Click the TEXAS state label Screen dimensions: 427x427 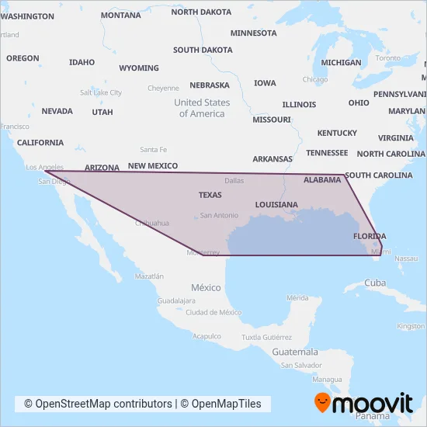pyautogui.click(x=210, y=195)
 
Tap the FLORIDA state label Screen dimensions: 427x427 pyautogui.click(x=370, y=236)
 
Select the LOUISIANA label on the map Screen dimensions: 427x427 pyautogui.click(x=276, y=205)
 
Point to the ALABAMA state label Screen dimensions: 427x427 pyautogui.click(x=322, y=180)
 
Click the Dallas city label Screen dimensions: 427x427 pyautogui.click(x=234, y=180)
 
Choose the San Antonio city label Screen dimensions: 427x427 pyautogui.click(x=218, y=215)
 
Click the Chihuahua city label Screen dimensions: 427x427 pyautogui.click(x=152, y=223)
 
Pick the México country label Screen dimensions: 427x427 pyautogui.click(x=206, y=287)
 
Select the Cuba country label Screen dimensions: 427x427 pyautogui.click(x=375, y=283)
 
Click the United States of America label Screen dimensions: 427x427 pyautogui.click(x=202, y=108)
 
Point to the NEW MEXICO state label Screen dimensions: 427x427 pyautogui.click(x=153, y=166)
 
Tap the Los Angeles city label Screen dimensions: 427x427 pyautogui.click(x=44, y=167)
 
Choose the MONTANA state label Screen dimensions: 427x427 pyautogui.click(x=121, y=16)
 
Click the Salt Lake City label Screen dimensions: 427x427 pyautogui.click(x=101, y=92)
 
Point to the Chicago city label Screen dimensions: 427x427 pyautogui.click(x=315, y=79)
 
